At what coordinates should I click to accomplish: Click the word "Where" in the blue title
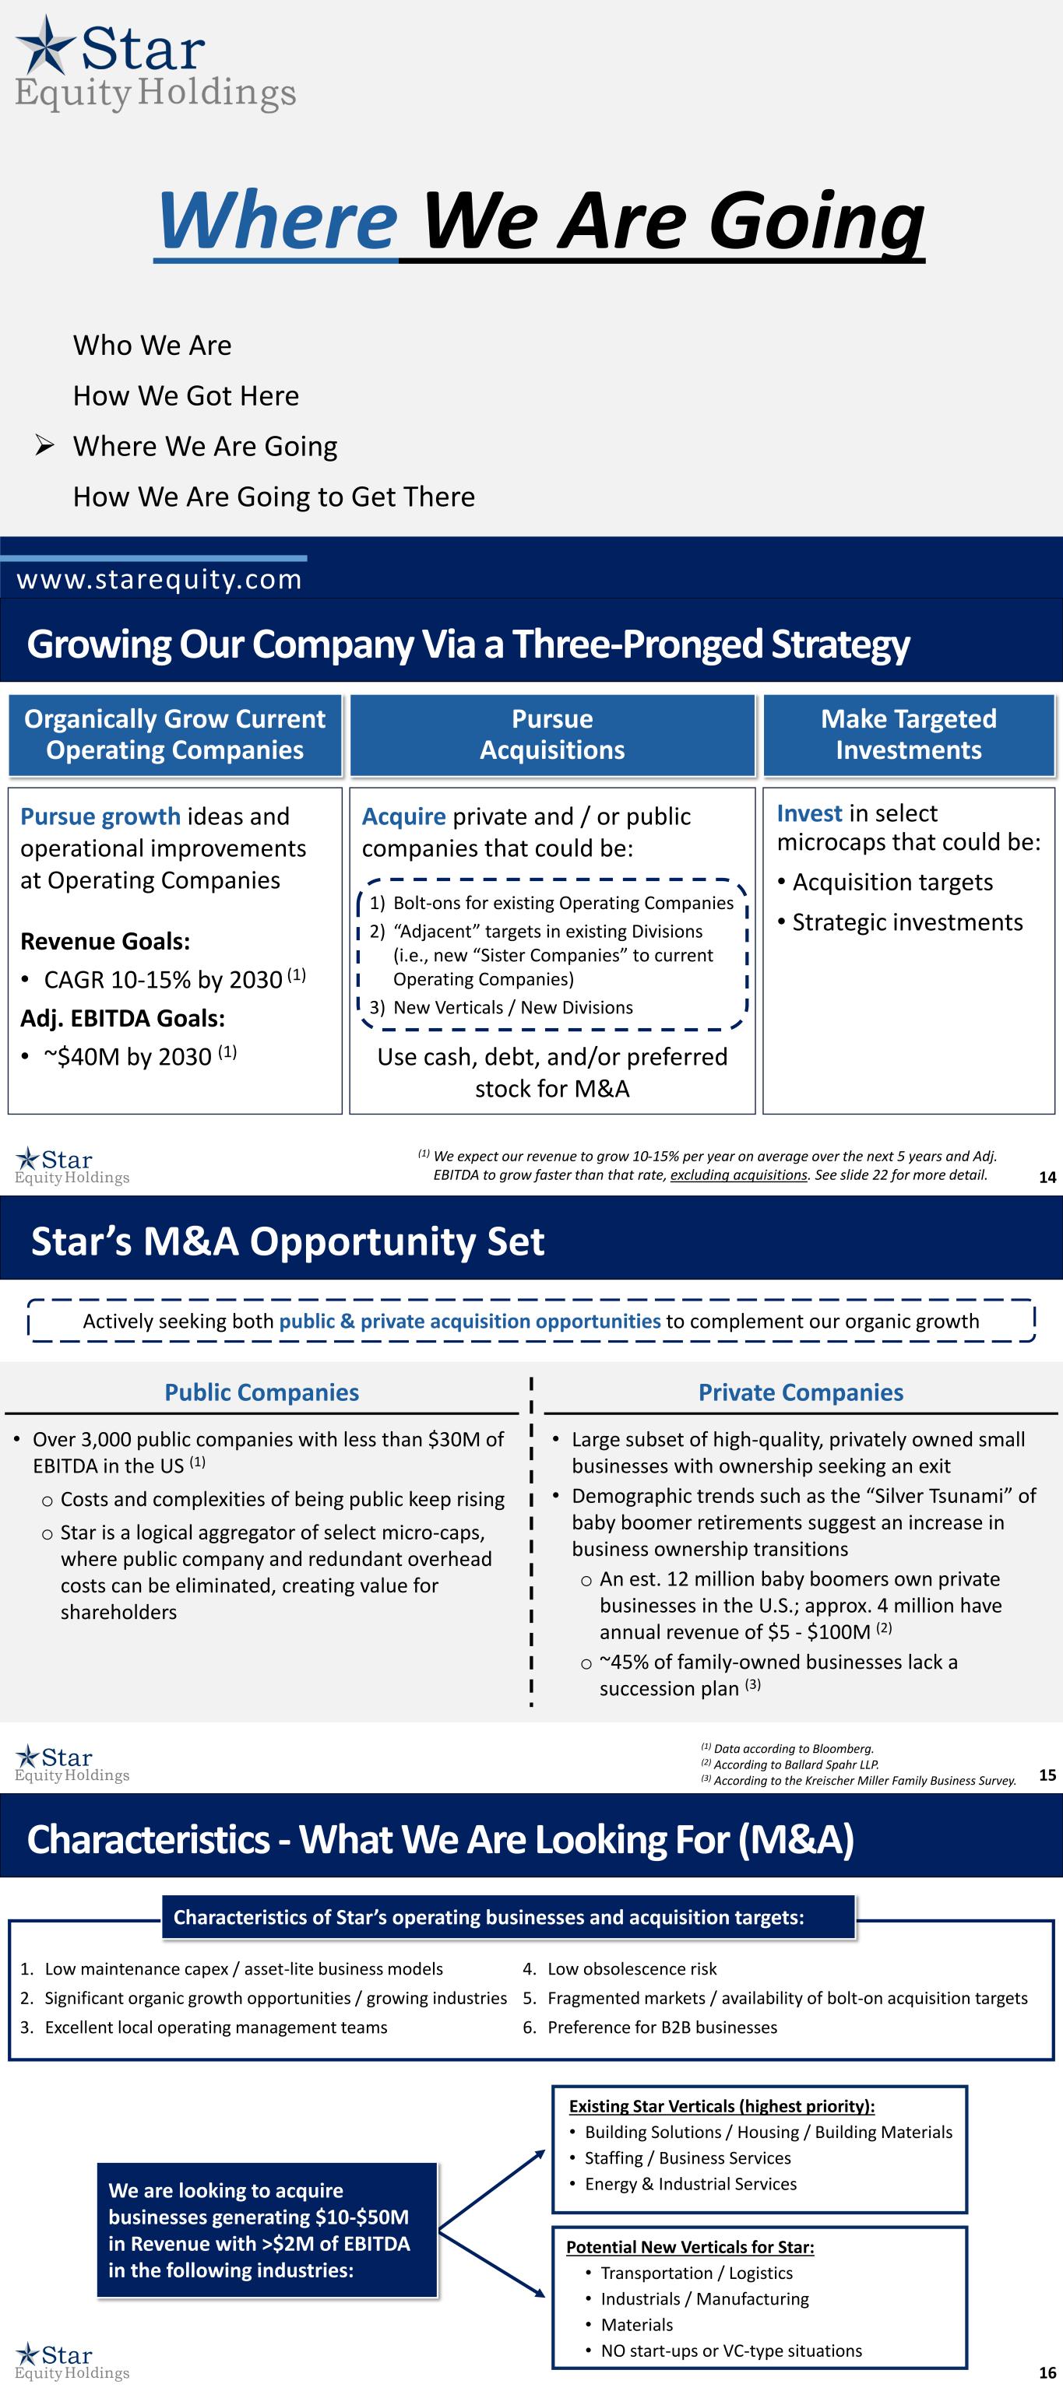tap(277, 220)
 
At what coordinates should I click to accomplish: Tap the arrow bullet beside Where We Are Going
tap(44, 445)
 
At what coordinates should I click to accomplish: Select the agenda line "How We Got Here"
tap(185, 395)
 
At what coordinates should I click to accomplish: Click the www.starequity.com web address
tap(160, 579)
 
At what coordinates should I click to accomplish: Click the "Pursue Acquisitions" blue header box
tap(552, 734)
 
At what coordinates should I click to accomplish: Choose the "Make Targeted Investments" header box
tap(909, 734)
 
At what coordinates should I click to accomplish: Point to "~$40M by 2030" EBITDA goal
tap(139, 1056)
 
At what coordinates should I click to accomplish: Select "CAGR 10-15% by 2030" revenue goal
tap(174, 979)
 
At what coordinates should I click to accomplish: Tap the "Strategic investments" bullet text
tap(907, 922)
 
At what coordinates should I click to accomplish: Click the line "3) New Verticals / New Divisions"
tap(502, 1007)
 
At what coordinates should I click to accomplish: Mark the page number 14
tap(1047, 1177)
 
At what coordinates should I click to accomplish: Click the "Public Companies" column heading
tap(262, 1392)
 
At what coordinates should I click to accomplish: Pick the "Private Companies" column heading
tap(801, 1392)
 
